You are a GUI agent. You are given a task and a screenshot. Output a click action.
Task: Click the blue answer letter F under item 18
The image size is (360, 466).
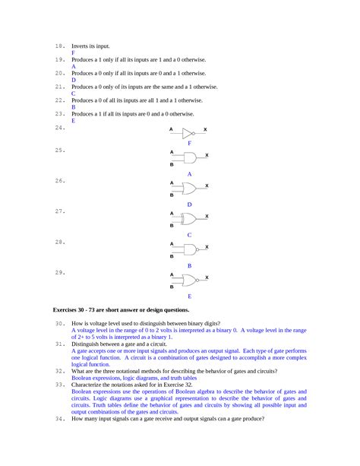[x=73, y=53]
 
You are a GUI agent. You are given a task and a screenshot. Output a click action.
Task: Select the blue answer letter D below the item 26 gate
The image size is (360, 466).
[x=189, y=204]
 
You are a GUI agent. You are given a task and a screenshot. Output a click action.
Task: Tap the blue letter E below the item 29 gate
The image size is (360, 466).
[x=189, y=296]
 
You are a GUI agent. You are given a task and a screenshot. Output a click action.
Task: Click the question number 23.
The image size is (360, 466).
[x=59, y=113]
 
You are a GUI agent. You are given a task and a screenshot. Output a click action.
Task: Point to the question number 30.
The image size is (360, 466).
[x=59, y=324]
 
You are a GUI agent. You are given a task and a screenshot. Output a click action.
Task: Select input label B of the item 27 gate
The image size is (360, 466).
[x=172, y=225]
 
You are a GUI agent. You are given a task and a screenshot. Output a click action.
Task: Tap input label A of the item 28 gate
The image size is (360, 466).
[x=172, y=244]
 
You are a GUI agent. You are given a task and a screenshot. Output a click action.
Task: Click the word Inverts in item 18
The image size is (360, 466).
[x=81, y=46]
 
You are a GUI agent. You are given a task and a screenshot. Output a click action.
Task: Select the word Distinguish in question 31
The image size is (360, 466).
[x=88, y=344]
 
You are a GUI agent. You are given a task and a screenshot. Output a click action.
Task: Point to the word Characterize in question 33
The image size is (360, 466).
[x=90, y=384]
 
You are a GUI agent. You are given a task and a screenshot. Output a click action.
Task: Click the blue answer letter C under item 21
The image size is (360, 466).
[x=73, y=94]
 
